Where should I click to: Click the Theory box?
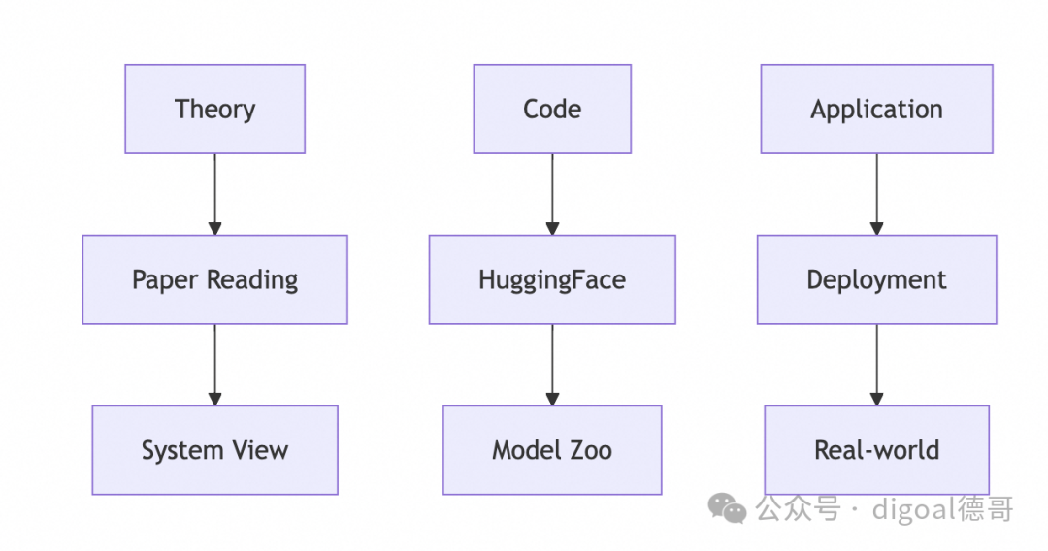click(x=214, y=109)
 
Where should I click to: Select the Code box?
click(x=552, y=109)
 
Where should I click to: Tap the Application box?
click(x=877, y=109)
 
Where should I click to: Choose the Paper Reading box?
click(x=214, y=279)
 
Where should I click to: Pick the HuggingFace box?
click(x=552, y=279)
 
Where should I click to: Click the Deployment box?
click(x=877, y=279)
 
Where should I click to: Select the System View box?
click(x=214, y=450)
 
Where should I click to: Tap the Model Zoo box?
click(x=552, y=450)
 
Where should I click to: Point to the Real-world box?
click(x=877, y=450)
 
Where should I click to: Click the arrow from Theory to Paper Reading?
click(x=214, y=194)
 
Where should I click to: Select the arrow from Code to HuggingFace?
click(x=552, y=194)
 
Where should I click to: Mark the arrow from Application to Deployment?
click(x=877, y=194)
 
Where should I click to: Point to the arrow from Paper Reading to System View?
click(x=214, y=365)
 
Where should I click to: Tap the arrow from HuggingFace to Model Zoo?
click(x=552, y=365)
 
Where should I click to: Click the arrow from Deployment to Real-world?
click(x=877, y=365)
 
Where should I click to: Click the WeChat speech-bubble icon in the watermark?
click(x=727, y=509)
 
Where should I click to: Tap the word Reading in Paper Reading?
click(x=252, y=280)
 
